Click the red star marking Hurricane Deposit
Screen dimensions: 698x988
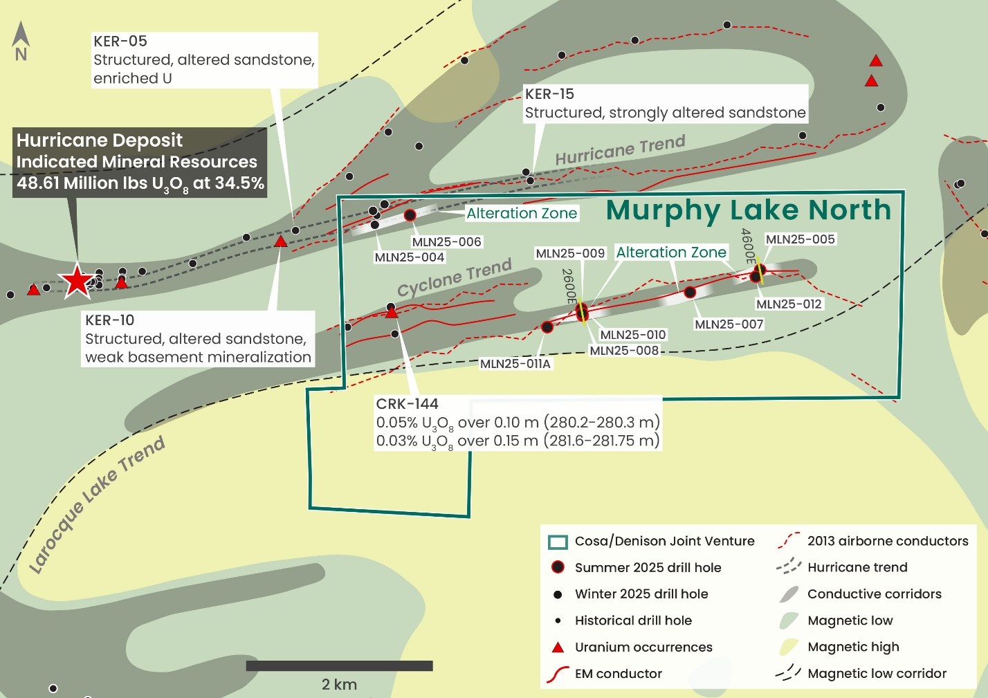click(x=76, y=281)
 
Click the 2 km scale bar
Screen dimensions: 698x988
click(x=339, y=665)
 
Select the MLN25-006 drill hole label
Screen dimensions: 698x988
click(x=446, y=241)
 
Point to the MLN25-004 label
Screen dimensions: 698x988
click(x=410, y=257)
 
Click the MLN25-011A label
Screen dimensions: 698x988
click(x=515, y=364)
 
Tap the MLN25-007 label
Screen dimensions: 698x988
click(x=729, y=324)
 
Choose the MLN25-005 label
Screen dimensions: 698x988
click(x=800, y=239)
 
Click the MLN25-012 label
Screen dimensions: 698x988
click(x=789, y=304)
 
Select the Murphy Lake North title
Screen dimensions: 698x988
click(x=749, y=210)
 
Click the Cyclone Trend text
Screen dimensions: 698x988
click(x=455, y=277)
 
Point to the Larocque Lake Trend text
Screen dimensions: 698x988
click(x=97, y=504)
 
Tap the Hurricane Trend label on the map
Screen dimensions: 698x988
click(x=620, y=151)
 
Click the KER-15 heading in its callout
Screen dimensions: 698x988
click(x=549, y=94)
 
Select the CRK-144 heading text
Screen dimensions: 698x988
click(x=407, y=404)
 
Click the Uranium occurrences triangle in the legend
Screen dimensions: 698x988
click(x=558, y=648)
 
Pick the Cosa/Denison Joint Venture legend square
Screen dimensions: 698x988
click(x=558, y=542)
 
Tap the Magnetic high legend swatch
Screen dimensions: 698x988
click(x=789, y=648)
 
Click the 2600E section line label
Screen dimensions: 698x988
click(x=568, y=286)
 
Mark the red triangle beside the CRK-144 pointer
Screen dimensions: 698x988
click(x=392, y=313)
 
